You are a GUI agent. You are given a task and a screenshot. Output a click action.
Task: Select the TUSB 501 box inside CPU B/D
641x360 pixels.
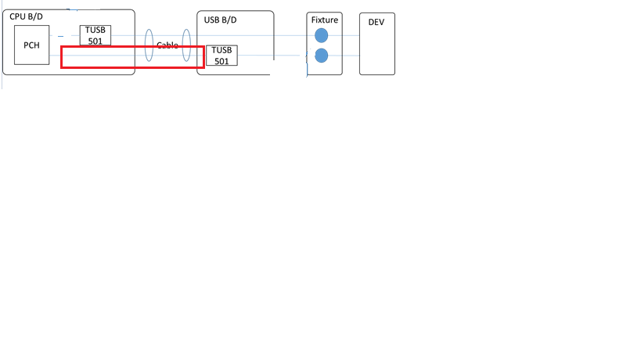pyautogui.click(x=95, y=35)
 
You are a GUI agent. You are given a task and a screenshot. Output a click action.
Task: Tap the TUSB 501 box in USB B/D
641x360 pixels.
pyautogui.click(x=221, y=56)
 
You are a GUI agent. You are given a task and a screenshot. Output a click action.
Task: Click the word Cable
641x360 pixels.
pyautogui.click(x=167, y=45)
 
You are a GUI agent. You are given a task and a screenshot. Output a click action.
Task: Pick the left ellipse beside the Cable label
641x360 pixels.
pyautogui.click(x=149, y=46)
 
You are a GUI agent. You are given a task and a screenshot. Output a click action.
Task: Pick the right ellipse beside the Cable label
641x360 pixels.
pyautogui.click(x=186, y=45)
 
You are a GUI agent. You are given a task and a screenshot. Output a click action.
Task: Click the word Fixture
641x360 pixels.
pyautogui.click(x=324, y=20)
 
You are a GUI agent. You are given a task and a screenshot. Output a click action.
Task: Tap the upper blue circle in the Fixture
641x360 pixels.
pyautogui.click(x=321, y=36)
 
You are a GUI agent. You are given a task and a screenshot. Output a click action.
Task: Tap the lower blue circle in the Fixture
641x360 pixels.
pyautogui.click(x=321, y=55)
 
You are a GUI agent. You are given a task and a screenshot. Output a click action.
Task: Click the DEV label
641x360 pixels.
pyautogui.click(x=376, y=22)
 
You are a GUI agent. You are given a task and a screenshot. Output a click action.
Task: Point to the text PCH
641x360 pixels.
pyautogui.click(x=31, y=45)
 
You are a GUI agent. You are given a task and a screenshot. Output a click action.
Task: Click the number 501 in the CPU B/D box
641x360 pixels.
pyautogui.click(x=95, y=40)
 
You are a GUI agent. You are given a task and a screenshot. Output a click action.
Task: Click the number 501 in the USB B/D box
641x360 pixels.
pyautogui.click(x=221, y=60)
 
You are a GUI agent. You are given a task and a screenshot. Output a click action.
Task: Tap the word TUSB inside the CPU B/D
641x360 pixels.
pyautogui.click(x=95, y=31)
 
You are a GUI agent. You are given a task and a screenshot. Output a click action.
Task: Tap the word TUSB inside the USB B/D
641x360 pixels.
pyautogui.click(x=221, y=51)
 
